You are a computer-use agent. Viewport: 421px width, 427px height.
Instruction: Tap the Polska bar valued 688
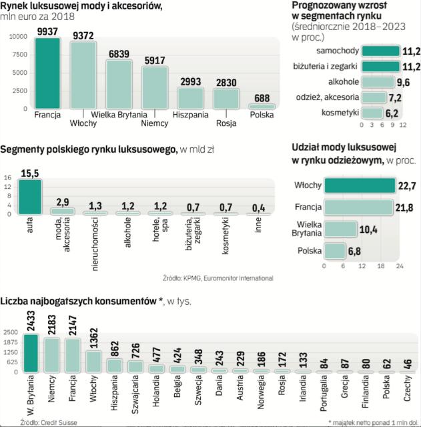coord(262,106)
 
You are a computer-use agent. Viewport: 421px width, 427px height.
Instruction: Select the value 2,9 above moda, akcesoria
coord(62,201)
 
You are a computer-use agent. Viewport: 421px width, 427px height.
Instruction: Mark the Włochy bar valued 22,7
coord(364,185)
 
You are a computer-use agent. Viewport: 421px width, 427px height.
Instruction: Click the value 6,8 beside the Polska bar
coord(356,252)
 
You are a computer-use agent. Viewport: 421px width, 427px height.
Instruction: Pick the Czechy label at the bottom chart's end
coord(406,391)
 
